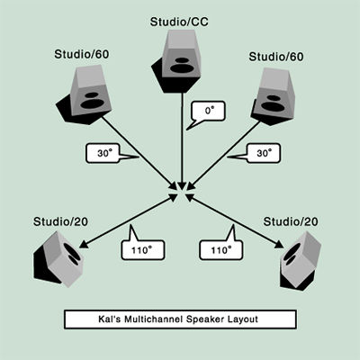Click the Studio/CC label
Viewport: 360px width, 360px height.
(x=179, y=22)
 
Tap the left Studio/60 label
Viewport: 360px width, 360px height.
(x=82, y=54)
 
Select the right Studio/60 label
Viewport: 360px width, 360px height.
(x=276, y=57)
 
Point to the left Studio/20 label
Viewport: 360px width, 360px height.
(x=60, y=221)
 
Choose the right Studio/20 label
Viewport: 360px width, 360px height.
(x=291, y=221)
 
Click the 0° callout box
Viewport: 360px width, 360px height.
(x=209, y=111)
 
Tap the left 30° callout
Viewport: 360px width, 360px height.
(x=103, y=153)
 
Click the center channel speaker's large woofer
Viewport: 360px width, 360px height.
(x=182, y=68)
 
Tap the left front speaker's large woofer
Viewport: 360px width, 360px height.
(x=93, y=103)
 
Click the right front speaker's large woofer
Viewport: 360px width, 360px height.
(x=272, y=106)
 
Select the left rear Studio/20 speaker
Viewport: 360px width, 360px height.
(x=58, y=259)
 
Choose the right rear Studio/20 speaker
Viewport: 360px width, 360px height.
(x=301, y=261)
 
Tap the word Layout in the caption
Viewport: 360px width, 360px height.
(x=243, y=319)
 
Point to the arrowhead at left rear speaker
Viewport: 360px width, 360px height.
(x=84, y=244)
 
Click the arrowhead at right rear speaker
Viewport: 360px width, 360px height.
(x=279, y=245)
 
